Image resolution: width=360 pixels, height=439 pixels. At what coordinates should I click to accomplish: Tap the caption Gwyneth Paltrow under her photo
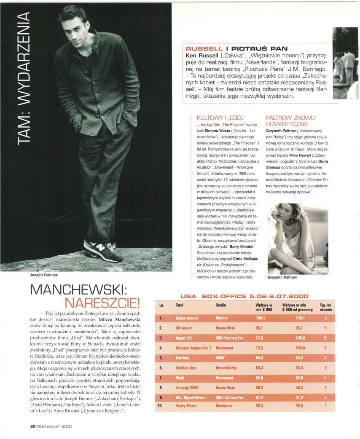point(282,278)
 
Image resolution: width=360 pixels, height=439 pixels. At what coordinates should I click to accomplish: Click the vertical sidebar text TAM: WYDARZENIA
point(21,78)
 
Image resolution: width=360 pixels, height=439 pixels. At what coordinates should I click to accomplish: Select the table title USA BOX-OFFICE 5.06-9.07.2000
point(244,296)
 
